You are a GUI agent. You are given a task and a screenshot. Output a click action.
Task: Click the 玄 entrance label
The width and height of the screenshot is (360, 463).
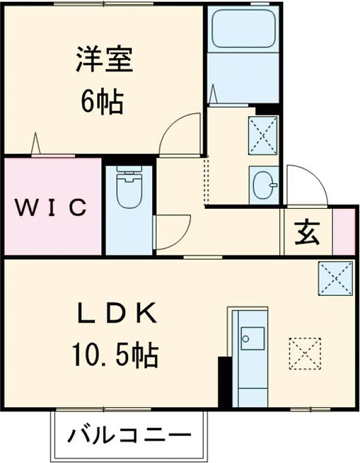[x=307, y=233]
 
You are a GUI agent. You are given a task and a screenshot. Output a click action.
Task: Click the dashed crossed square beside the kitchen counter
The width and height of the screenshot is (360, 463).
[x=304, y=353]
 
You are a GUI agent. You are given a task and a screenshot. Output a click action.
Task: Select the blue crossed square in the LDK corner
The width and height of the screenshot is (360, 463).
[x=335, y=278]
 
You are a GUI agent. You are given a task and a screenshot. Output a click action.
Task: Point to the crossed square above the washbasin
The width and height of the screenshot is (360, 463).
[x=263, y=135]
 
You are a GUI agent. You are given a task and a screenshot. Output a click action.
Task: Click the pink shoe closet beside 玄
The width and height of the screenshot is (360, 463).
[x=344, y=232]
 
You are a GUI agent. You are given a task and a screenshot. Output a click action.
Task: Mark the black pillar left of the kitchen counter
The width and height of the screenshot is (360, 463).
[x=224, y=381]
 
